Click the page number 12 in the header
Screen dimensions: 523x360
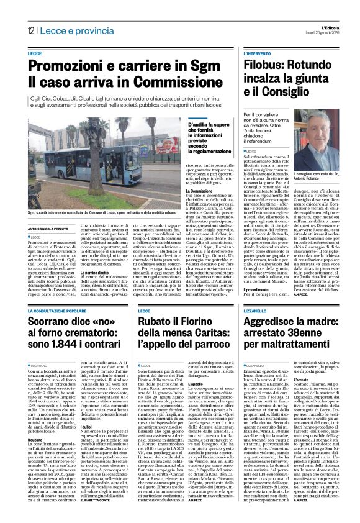30,31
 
